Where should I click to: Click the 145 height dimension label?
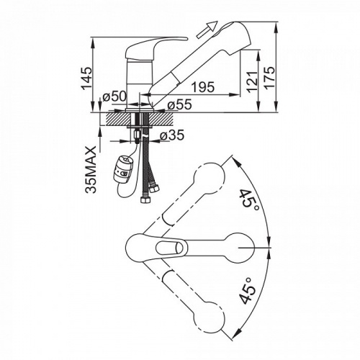click(x=87, y=78)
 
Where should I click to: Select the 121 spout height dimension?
click(x=253, y=82)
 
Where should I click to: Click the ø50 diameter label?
click(x=114, y=96)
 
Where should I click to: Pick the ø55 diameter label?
click(x=180, y=104)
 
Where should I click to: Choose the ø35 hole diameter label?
click(x=172, y=135)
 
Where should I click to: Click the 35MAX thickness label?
click(x=91, y=170)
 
